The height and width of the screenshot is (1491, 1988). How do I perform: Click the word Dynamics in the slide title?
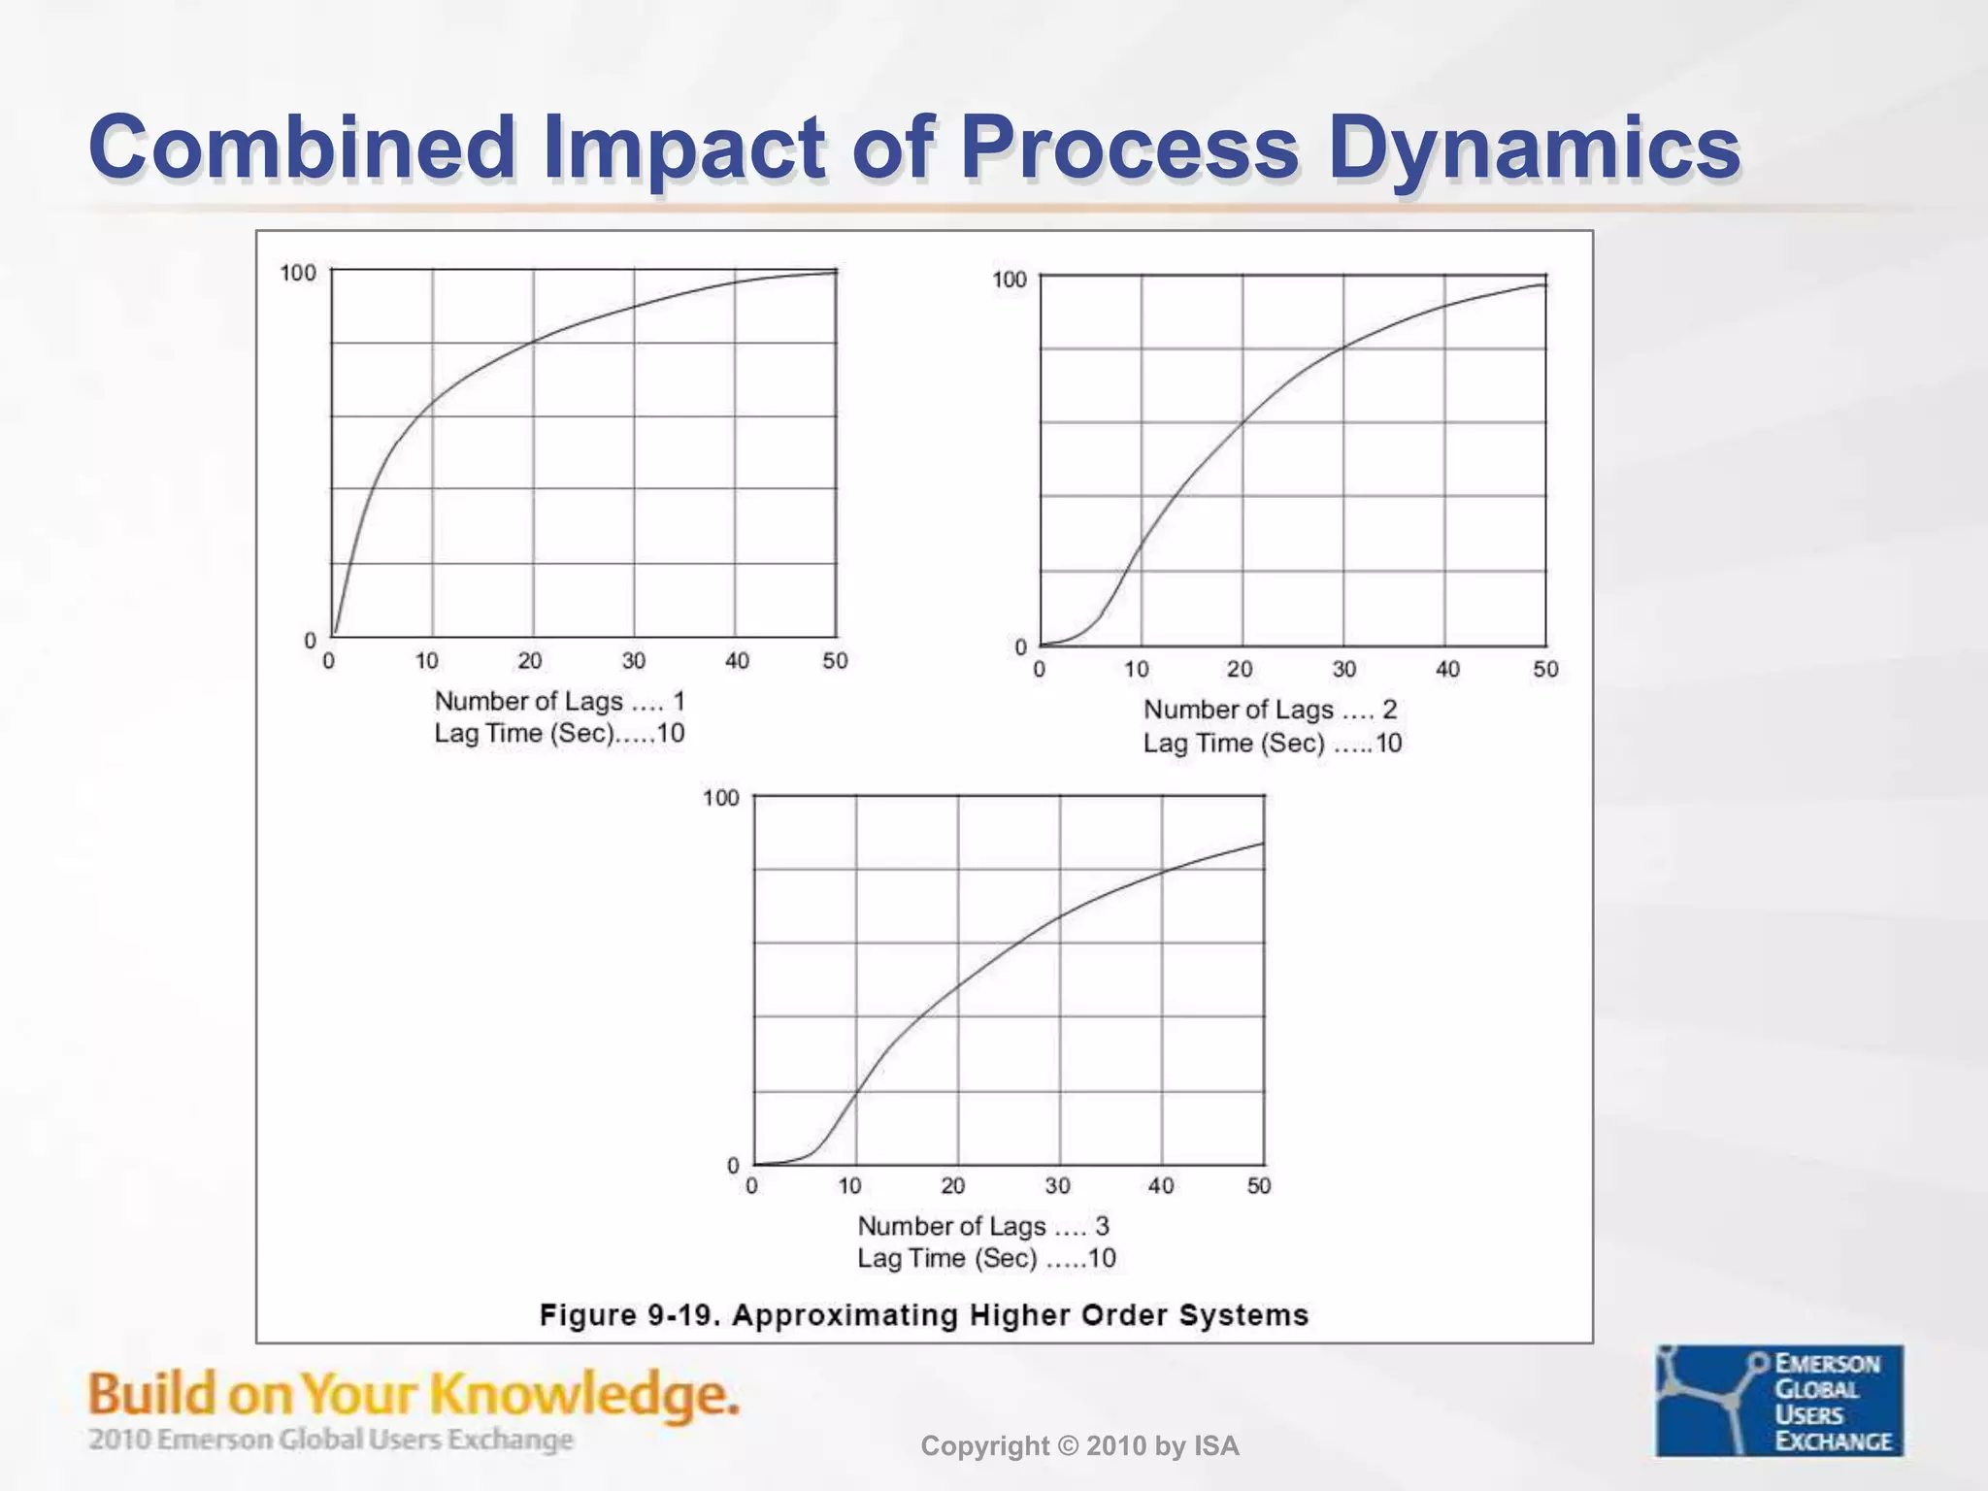[x=1535, y=148]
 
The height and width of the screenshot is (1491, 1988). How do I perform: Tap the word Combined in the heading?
[x=302, y=148]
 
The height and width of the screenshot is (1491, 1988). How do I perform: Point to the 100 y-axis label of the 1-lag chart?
[x=298, y=274]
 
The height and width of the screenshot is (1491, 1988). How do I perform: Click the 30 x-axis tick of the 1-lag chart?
[x=634, y=661]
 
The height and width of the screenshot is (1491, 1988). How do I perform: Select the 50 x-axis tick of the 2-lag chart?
[x=1545, y=669]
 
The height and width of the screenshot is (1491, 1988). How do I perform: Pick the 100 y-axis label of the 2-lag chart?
[x=1009, y=281]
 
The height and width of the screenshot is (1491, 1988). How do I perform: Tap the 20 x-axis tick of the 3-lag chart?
[x=953, y=1185]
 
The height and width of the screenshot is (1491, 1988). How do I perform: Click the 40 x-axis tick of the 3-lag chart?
[x=1161, y=1185]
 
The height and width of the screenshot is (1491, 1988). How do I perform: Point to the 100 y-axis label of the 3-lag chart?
[x=721, y=798]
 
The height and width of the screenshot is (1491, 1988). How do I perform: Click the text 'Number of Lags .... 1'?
[x=559, y=701]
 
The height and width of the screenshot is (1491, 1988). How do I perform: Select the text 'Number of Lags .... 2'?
[x=1270, y=710]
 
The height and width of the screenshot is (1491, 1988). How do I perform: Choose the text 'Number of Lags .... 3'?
[x=982, y=1226]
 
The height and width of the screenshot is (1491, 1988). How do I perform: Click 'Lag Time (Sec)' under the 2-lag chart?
[x=1234, y=744]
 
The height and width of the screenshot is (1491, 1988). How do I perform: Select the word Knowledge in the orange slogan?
[x=582, y=1395]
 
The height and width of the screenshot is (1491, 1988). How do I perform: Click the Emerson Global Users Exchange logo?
[x=1779, y=1400]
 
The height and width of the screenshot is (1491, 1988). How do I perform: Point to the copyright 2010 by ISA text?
[x=1079, y=1446]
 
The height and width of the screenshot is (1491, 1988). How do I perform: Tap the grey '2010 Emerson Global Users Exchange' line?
[x=330, y=1439]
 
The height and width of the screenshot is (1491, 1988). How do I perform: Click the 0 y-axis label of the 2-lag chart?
[x=1020, y=647]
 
